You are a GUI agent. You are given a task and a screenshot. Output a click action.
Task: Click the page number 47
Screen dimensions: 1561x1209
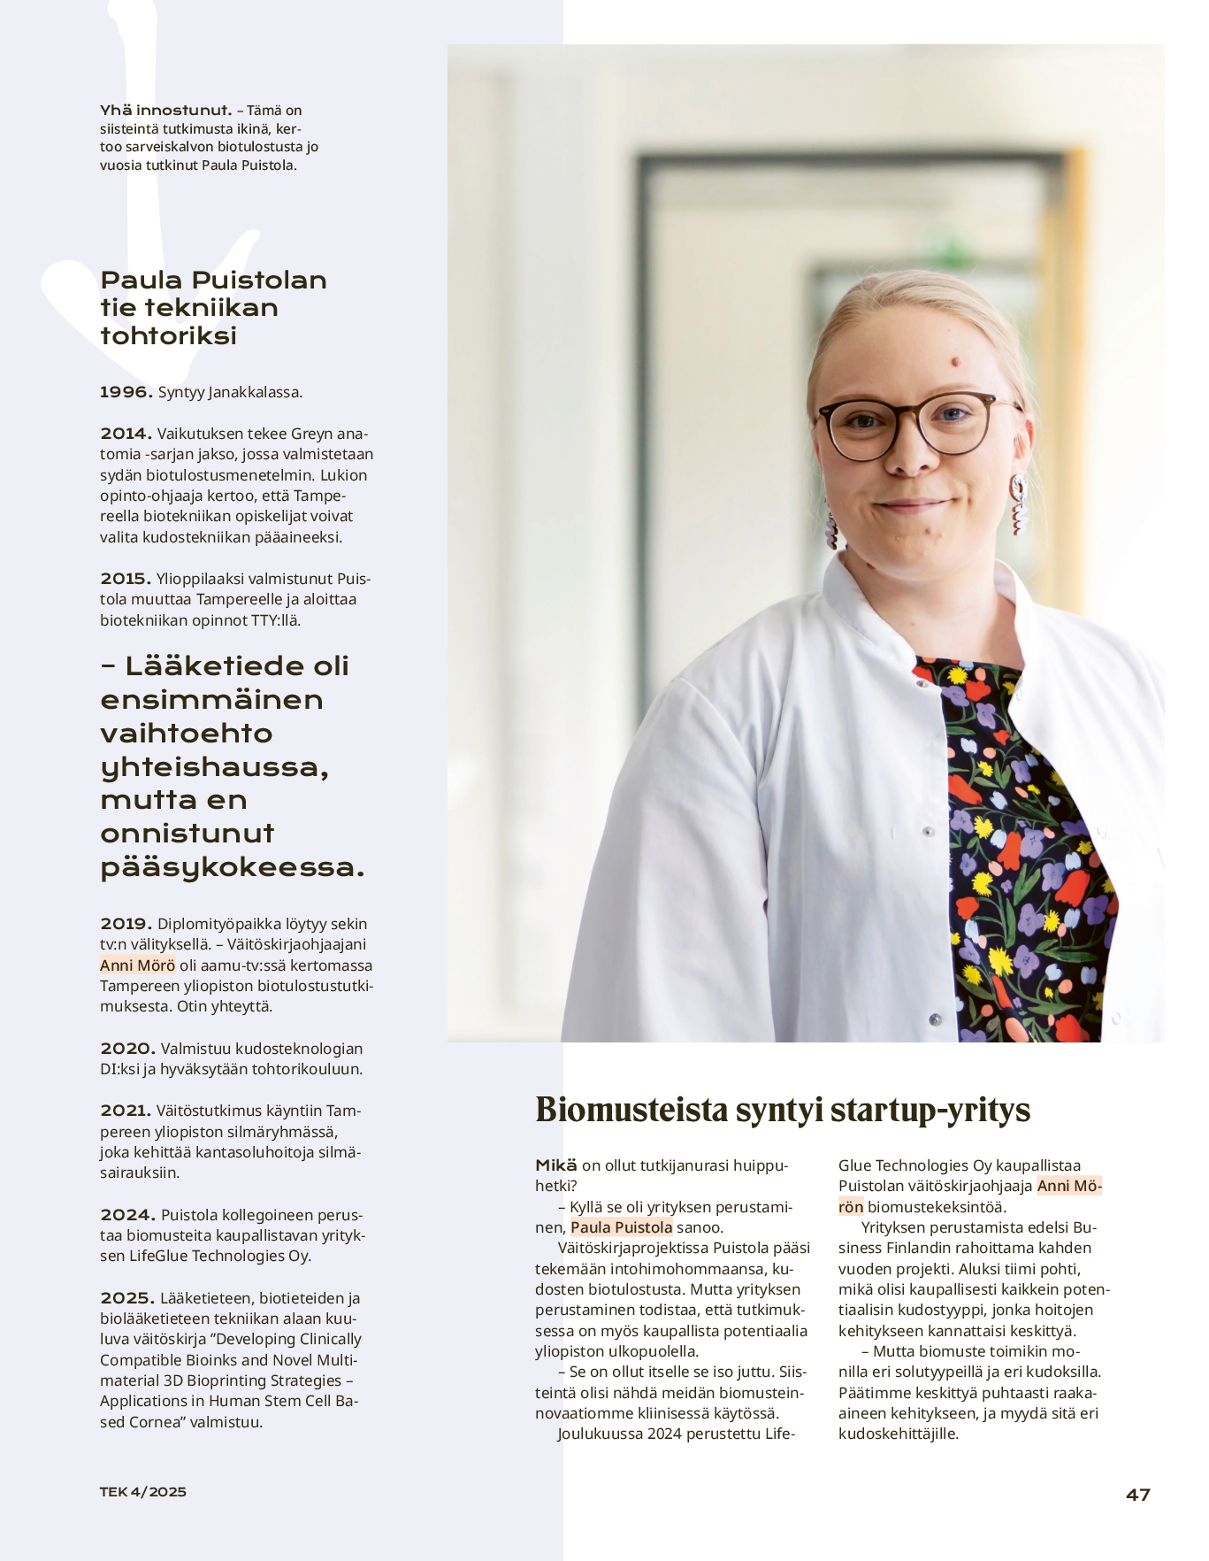coord(1137,1495)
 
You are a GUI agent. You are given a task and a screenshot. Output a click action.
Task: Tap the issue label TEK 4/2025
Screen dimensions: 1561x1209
coord(142,1491)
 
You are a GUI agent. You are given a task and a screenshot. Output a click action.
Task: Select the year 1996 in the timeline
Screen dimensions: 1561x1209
coord(126,392)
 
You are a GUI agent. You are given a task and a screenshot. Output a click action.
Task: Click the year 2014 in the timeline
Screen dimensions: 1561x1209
coord(126,434)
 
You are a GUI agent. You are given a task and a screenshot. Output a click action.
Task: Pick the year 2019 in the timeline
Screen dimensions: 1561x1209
coord(126,924)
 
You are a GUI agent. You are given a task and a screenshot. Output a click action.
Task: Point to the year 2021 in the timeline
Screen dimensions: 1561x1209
coord(126,1111)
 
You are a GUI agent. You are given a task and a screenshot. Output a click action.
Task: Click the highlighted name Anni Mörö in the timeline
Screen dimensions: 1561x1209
coord(137,965)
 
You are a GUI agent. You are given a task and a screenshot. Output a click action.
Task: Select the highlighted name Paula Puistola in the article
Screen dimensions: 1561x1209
coord(621,1227)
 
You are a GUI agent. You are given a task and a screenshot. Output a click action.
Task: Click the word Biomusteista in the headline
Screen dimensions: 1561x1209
coord(634,1110)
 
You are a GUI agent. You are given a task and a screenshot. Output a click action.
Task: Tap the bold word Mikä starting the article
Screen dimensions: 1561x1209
coord(555,1165)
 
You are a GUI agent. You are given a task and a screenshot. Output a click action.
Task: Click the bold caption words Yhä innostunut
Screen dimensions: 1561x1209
coord(165,111)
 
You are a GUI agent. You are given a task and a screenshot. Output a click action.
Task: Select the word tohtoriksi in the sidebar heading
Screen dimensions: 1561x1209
coord(168,336)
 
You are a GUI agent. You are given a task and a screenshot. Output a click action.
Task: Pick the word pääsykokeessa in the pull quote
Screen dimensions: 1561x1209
coord(232,867)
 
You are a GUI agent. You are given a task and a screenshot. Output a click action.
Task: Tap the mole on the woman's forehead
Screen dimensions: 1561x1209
coord(958,360)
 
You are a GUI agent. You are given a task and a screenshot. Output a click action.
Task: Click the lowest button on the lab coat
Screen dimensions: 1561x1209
coord(934,1019)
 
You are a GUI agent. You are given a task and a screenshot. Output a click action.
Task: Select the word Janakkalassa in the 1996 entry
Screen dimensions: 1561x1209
coord(256,392)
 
